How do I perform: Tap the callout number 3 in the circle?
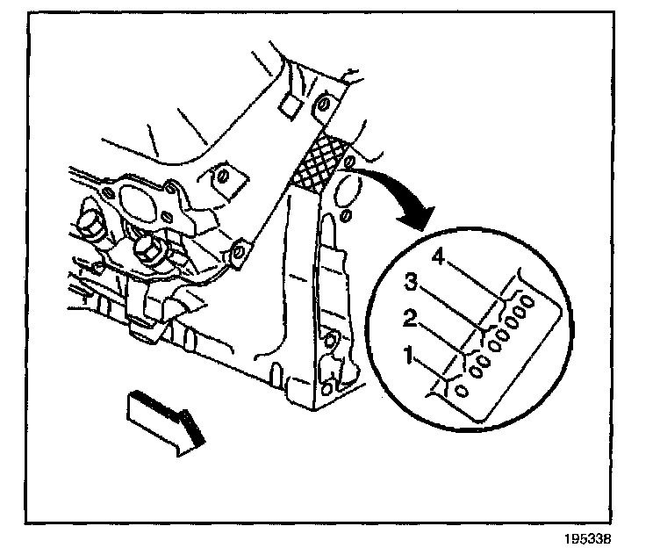coord(410,283)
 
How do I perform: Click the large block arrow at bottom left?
coord(167,419)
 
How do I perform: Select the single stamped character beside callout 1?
coord(461,390)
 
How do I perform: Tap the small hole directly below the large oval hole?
coord(346,214)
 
